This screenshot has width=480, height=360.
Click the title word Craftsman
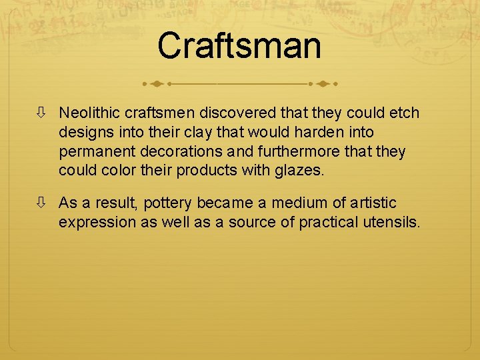click(239, 46)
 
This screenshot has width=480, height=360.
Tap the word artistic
click(370, 203)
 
